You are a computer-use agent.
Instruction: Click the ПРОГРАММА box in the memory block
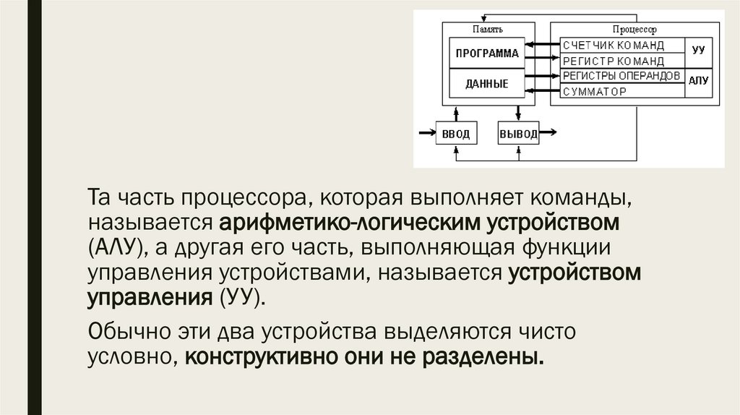(486, 53)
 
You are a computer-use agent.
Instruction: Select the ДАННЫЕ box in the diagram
(486, 84)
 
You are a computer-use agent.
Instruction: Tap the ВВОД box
(456, 133)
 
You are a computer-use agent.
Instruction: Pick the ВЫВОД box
(518, 133)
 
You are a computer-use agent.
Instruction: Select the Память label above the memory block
(488, 30)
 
